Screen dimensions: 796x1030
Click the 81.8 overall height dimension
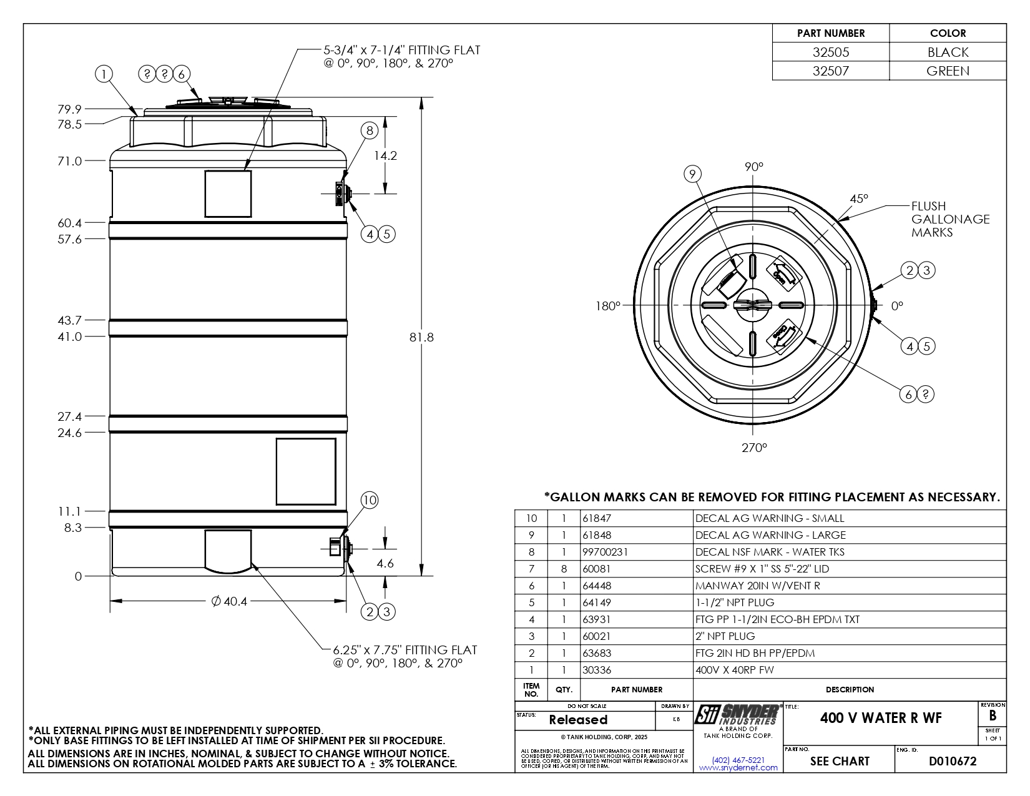click(421, 337)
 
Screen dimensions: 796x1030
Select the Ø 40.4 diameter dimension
click(229, 601)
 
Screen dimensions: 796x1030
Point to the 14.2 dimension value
click(385, 155)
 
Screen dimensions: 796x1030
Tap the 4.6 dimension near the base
click(385, 563)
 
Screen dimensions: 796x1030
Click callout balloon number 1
click(104, 74)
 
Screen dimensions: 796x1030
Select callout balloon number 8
click(370, 130)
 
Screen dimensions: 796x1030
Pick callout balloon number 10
click(370, 500)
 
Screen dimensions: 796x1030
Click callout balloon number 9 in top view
click(692, 174)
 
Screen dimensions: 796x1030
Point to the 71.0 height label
click(69, 161)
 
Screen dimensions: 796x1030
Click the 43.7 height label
click(69, 320)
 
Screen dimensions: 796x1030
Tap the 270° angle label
click(753, 448)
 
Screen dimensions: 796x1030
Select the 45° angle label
click(859, 199)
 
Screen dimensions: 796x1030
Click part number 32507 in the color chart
click(830, 71)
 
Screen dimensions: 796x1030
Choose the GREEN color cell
click(948, 71)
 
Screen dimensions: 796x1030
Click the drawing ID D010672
click(953, 761)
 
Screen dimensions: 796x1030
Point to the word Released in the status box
click(578, 720)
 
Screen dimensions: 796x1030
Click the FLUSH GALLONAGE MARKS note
click(950, 219)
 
